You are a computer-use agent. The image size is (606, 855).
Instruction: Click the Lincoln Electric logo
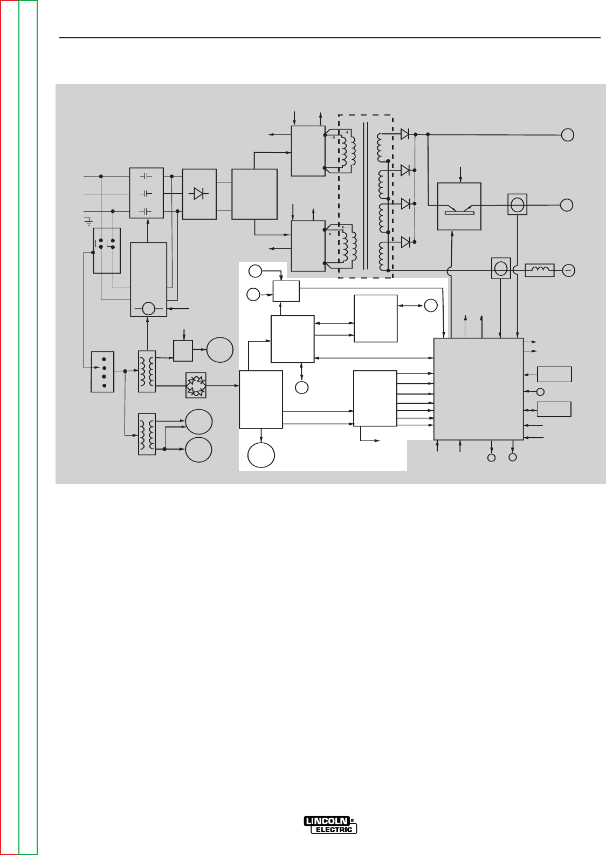click(x=330, y=825)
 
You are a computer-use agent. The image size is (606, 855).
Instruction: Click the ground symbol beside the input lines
click(x=88, y=221)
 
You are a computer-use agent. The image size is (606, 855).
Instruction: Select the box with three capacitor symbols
click(x=147, y=193)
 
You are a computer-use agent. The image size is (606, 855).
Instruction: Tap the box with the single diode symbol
click(x=199, y=194)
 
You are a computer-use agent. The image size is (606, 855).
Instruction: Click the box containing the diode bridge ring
click(x=196, y=385)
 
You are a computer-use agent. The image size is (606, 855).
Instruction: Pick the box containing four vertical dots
click(x=102, y=372)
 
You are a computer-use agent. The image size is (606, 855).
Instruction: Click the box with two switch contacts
click(x=107, y=251)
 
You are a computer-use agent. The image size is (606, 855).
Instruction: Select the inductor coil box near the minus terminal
click(x=540, y=270)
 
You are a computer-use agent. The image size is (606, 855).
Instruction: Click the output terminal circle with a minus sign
click(x=569, y=270)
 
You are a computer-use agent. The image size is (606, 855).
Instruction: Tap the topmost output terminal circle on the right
click(x=568, y=135)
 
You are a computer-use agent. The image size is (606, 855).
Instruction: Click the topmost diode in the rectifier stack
click(x=405, y=134)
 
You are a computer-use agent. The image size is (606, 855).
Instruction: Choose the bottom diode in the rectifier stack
click(x=405, y=242)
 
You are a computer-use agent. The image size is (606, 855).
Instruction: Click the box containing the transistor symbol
click(x=459, y=207)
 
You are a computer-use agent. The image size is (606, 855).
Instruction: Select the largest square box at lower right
click(x=479, y=389)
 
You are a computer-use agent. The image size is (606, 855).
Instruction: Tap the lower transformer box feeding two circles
click(x=147, y=434)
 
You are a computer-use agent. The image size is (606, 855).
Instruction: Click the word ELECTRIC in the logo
click(x=334, y=830)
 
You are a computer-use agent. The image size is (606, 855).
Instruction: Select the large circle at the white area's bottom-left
click(x=261, y=455)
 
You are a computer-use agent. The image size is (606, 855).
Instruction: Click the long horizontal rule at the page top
click(x=330, y=38)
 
